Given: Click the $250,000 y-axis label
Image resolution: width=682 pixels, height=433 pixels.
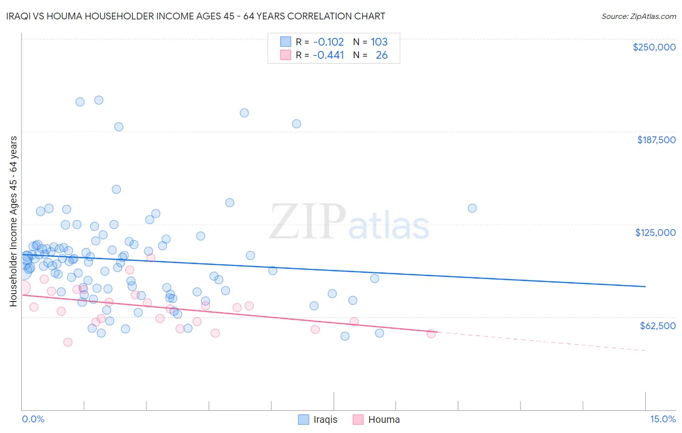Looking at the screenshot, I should pyautogui.click(x=654, y=47).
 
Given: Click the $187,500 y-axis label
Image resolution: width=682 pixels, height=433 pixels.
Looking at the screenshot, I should pyautogui.click(x=656, y=140).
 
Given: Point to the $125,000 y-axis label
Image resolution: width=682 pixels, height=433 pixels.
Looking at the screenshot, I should pyautogui.click(x=655, y=233).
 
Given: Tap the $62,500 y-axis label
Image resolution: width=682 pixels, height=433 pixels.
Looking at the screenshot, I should pyautogui.click(x=657, y=325).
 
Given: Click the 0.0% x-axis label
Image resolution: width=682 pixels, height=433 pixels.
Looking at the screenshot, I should pyautogui.click(x=33, y=419).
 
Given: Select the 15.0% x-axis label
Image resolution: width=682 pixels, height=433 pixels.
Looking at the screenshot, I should pyautogui.click(x=663, y=419).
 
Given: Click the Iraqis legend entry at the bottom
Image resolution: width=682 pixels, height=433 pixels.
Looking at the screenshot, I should pyautogui.click(x=325, y=419).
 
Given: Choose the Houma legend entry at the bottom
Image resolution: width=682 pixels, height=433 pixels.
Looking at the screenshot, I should pyautogui.click(x=384, y=419).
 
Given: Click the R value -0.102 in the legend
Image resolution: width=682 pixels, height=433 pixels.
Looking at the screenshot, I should pyautogui.click(x=328, y=42).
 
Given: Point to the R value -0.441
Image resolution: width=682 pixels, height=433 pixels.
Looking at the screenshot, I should pyautogui.click(x=328, y=55).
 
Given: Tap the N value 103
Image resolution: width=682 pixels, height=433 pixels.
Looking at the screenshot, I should pyautogui.click(x=379, y=42).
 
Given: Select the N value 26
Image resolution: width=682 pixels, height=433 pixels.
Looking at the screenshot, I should pyautogui.click(x=381, y=55).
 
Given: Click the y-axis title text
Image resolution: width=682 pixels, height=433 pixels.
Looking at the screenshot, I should pyautogui.click(x=13, y=221).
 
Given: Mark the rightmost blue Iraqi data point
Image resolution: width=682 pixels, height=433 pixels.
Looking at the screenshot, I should pyautogui.click(x=472, y=208).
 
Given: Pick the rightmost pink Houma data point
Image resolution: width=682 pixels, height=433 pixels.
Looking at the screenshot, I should pyautogui.click(x=431, y=333).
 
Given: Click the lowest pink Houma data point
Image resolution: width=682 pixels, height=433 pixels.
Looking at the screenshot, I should pyautogui.click(x=68, y=342).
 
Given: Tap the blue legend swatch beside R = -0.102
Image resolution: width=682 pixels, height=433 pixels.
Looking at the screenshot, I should pyautogui.click(x=286, y=42).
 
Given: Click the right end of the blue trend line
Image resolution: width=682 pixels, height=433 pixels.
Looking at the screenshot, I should pyautogui.click(x=645, y=286).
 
